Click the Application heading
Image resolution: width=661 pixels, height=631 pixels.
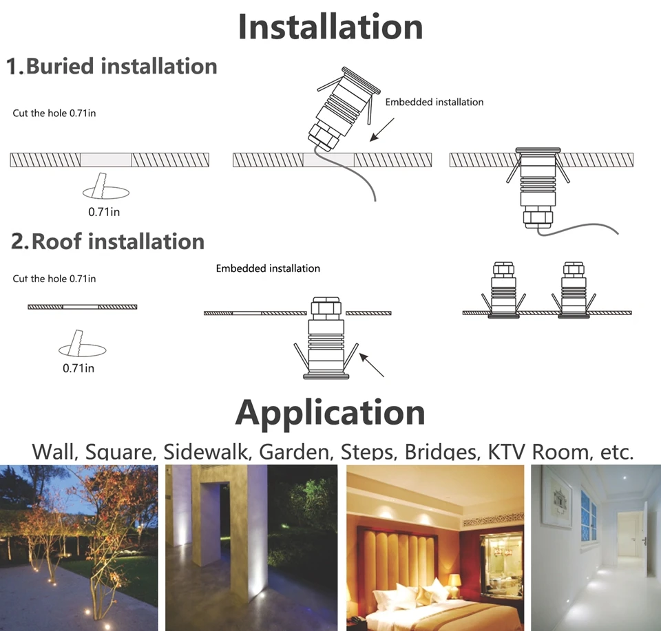pyautogui.click(x=330, y=413)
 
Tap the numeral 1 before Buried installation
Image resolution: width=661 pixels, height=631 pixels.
pyautogui.click(x=14, y=67)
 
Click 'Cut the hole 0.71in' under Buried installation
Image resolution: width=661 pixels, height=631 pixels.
pyautogui.click(x=54, y=112)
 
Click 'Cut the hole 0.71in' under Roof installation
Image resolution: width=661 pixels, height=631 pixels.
pyautogui.click(x=54, y=279)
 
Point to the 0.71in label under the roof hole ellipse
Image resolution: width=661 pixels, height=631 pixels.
pyautogui.click(x=78, y=367)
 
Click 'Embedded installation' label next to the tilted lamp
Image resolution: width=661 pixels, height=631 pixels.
pyautogui.click(x=434, y=102)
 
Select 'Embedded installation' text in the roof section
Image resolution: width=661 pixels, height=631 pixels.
pyautogui.click(x=268, y=268)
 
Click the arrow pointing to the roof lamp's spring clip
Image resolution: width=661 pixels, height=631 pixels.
pyautogui.click(x=372, y=365)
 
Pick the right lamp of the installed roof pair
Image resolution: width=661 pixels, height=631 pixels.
pyautogui.click(x=573, y=290)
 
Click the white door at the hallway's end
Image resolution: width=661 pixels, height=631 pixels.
pyautogui.click(x=629, y=535)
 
